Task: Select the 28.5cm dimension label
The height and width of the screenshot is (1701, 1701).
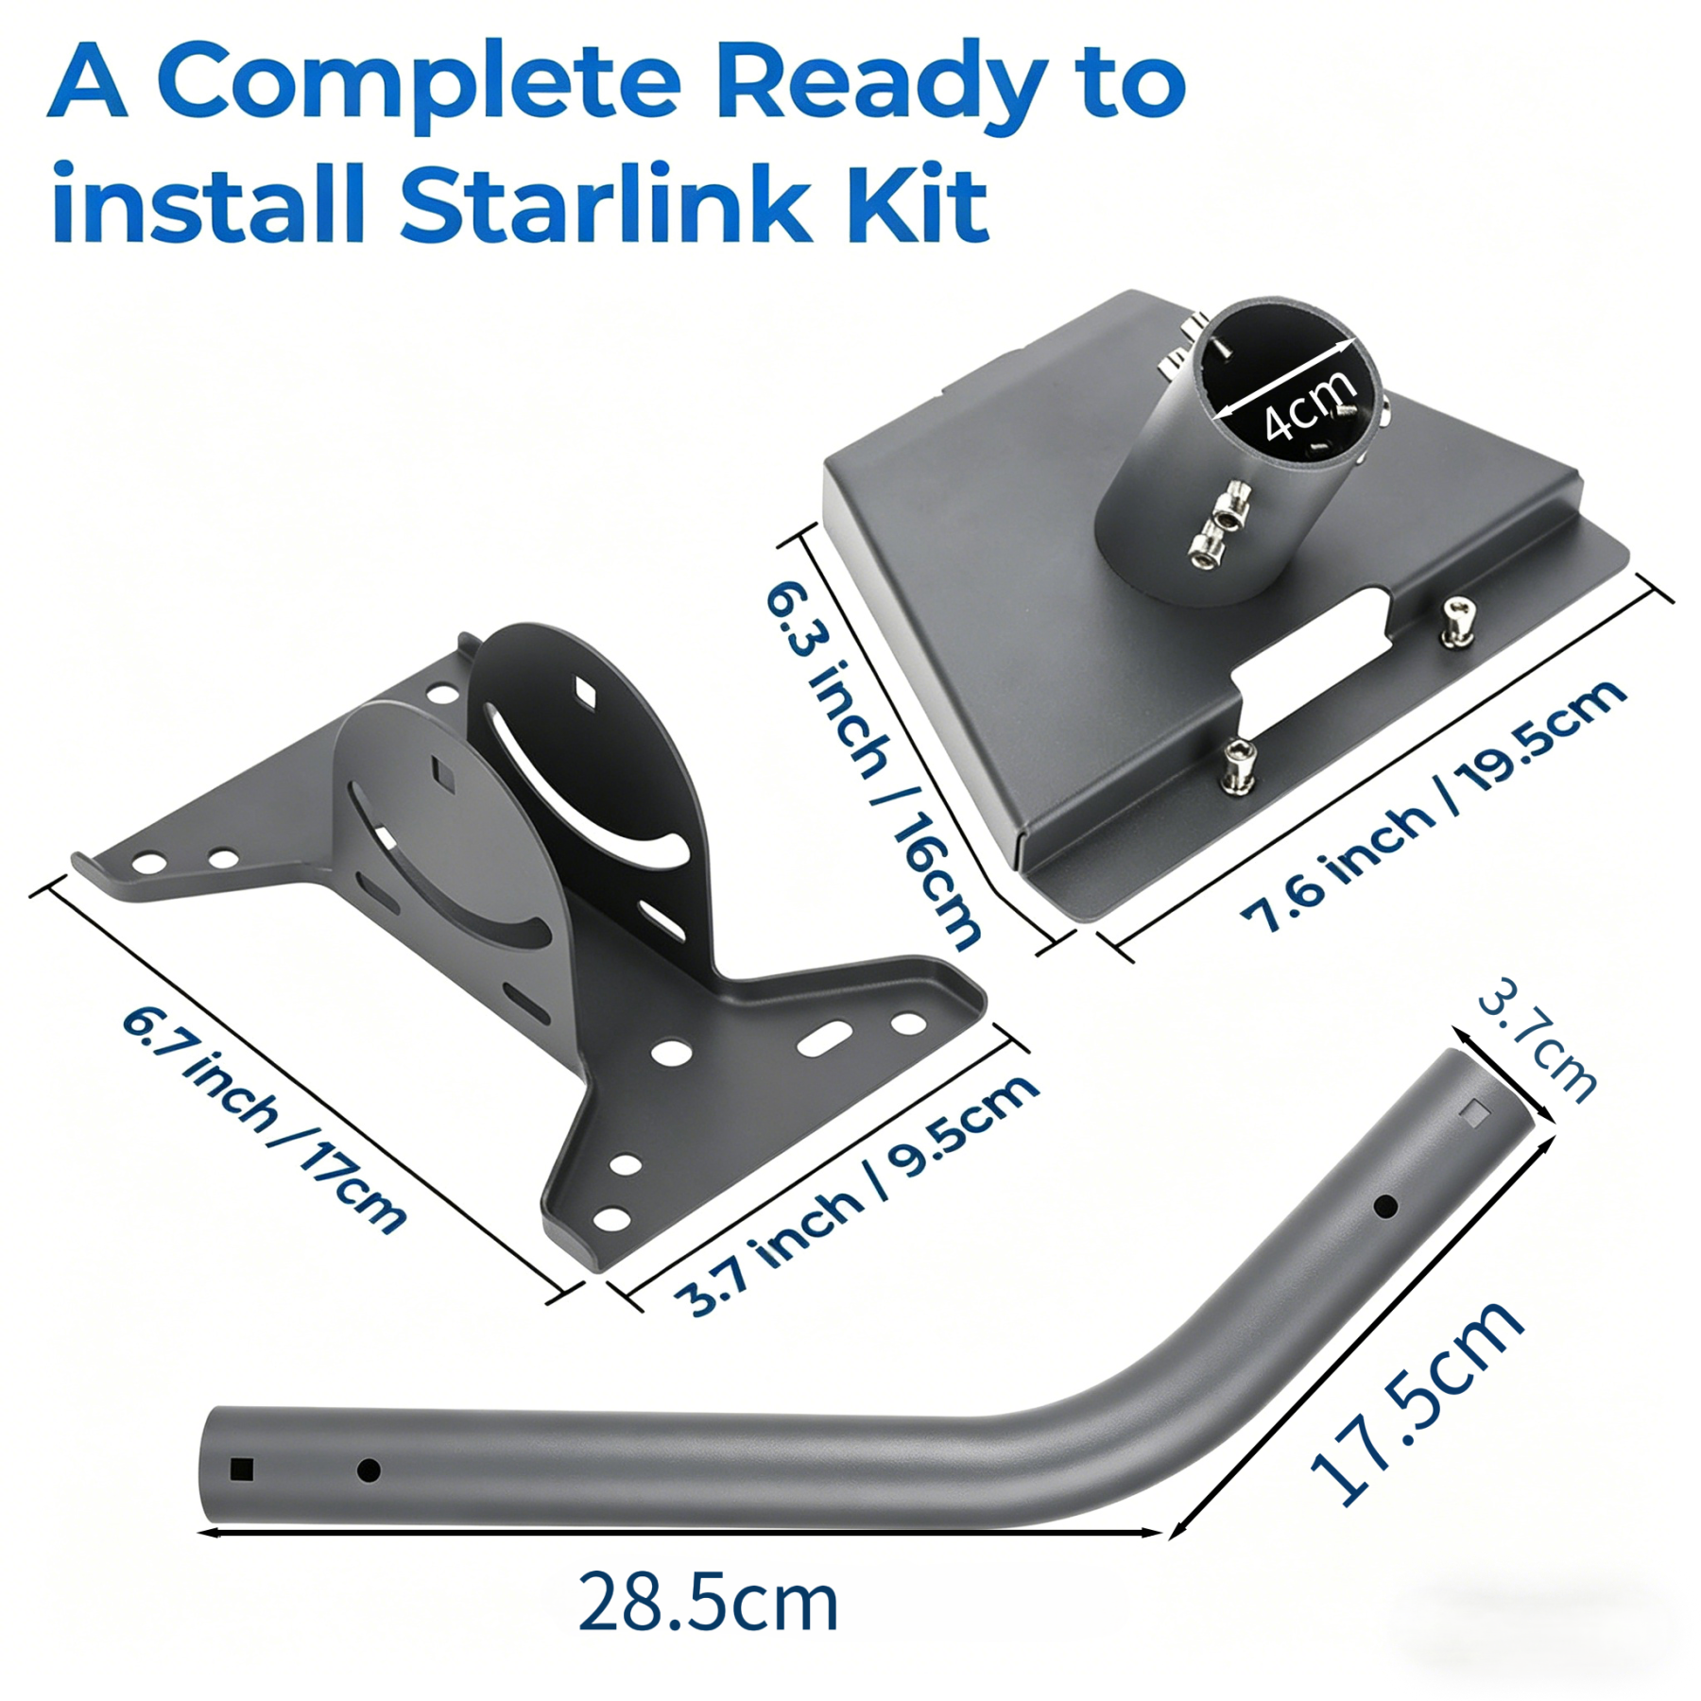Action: coord(708,1601)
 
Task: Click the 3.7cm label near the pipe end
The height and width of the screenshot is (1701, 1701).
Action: coord(1537,1039)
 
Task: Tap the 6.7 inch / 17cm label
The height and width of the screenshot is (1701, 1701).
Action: coord(264,1121)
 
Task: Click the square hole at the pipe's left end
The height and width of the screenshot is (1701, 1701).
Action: coord(242,1469)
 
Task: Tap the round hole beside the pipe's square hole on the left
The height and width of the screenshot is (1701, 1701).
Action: coord(369,1469)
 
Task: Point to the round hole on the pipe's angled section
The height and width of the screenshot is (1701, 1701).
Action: coord(1385,1207)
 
